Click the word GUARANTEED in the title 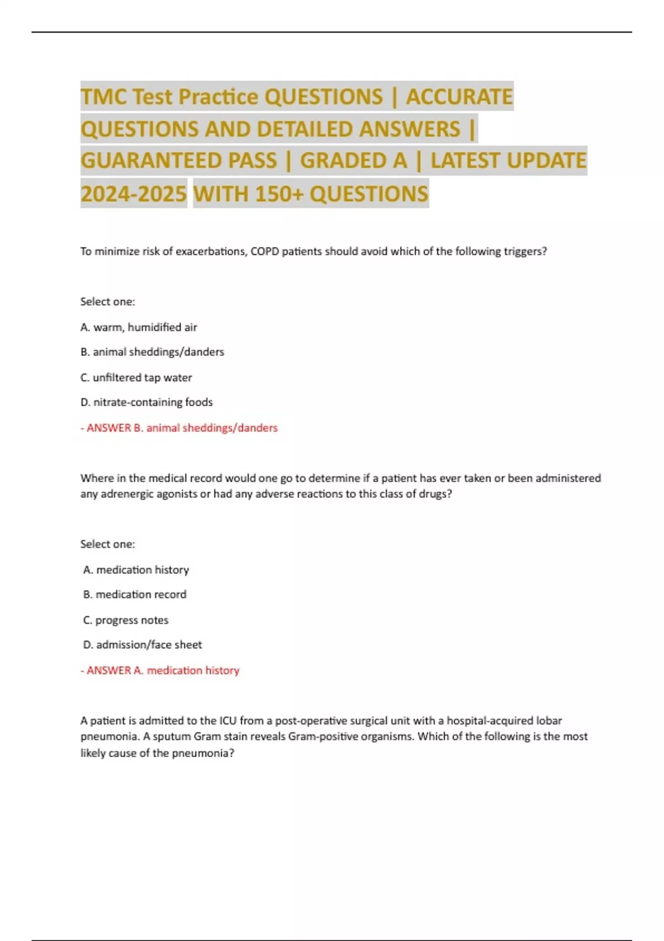coord(178,161)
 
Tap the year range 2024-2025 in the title coord(133,194)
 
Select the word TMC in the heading coord(103,97)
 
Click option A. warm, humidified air coord(138,327)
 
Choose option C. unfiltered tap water coord(136,378)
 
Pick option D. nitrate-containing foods coord(146,402)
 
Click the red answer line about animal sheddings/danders coord(179,428)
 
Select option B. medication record coord(134,594)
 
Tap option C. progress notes coord(126,620)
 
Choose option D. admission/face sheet coord(142,645)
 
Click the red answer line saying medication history coord(160,670)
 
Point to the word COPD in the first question coord(264,251)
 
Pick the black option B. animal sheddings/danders coord(152,352)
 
